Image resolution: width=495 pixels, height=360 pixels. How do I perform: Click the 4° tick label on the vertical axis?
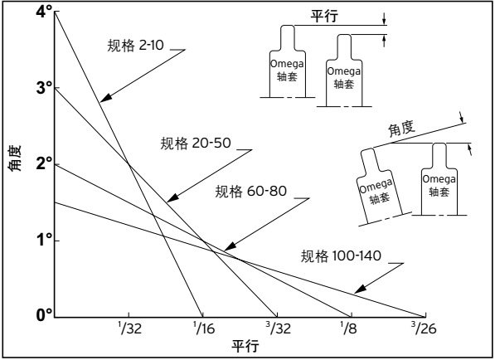click(44, 12)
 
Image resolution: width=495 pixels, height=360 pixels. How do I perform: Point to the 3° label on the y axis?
click(44, 88)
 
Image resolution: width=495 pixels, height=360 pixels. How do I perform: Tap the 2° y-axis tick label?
click(44, 164)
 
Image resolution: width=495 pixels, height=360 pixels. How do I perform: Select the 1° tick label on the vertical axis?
click(45, 241)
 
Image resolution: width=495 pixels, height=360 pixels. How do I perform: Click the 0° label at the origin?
click(44, 315)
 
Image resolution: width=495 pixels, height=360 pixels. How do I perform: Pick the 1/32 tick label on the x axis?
click(130, 328)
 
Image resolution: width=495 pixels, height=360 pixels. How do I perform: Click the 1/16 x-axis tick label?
click(204, 328)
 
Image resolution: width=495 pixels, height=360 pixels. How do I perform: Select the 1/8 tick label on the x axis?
click(348, 328)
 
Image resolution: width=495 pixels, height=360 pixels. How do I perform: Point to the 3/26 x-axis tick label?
click(424, 328)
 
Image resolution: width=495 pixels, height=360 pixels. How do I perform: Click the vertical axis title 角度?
click(15, 158)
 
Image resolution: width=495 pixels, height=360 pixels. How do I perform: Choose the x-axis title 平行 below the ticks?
click(245, 347)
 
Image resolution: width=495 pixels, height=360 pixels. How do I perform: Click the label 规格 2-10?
click(135, 46)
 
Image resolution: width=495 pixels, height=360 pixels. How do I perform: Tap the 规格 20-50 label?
click(196, 143)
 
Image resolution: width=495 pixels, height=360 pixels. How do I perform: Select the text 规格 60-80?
click(251, 192)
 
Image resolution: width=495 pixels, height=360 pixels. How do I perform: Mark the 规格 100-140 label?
click(341, 255)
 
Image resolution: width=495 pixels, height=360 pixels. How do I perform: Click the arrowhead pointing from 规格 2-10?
click(106, 98)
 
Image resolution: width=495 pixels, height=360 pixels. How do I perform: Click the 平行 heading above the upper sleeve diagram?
click(324, 16)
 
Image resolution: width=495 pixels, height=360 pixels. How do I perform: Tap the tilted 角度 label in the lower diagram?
click(401, 129)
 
